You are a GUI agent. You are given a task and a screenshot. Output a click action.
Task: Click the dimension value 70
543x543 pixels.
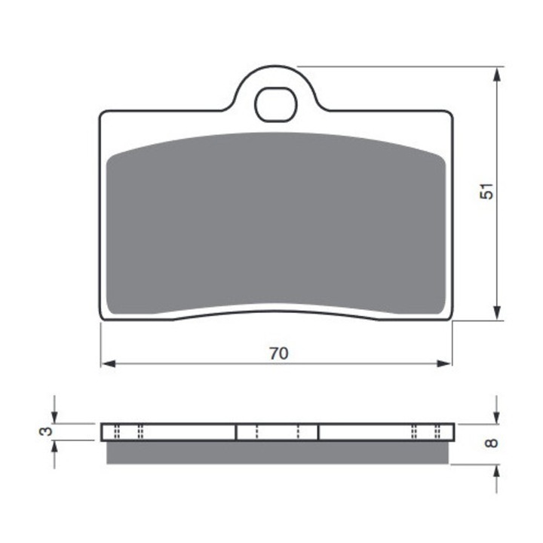278,353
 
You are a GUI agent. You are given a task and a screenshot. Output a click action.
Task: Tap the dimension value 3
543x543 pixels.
46,431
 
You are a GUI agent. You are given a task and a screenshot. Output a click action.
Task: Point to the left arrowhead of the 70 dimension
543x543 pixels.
107,364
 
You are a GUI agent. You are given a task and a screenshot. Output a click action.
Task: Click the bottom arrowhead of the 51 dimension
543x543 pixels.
497,313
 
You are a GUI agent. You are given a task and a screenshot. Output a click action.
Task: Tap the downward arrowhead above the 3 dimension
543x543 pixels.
54,417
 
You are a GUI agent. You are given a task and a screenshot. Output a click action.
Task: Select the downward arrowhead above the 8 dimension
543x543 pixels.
497,417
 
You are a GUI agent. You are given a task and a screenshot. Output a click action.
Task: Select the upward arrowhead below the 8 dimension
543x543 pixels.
497,471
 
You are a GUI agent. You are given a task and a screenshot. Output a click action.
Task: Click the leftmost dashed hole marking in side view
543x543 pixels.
116,431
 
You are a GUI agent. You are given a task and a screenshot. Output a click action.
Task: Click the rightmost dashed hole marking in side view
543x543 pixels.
438,431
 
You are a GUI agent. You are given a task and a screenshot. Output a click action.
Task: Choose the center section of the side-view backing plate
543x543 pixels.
278,431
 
